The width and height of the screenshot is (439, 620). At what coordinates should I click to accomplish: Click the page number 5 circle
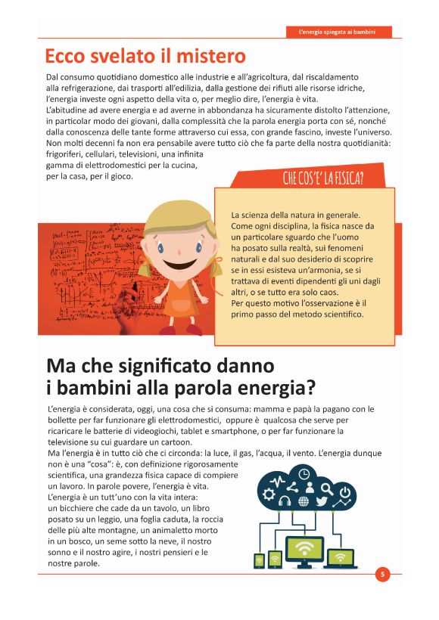382,575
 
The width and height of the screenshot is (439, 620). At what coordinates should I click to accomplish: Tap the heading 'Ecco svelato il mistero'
145,56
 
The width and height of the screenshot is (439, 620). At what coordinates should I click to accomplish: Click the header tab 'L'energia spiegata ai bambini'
340,33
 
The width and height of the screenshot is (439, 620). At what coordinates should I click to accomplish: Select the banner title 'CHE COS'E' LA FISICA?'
323,178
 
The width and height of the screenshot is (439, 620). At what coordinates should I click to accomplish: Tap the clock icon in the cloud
304,474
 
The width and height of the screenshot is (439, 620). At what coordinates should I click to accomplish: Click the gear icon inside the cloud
269,494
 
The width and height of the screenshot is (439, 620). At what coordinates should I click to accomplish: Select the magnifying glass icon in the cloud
327,488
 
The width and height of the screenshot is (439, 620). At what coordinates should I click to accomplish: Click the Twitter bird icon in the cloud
321,501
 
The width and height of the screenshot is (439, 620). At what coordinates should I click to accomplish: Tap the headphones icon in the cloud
285,501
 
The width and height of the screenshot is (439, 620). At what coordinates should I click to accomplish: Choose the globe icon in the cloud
304,501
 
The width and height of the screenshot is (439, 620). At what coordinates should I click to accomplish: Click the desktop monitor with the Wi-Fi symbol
304,550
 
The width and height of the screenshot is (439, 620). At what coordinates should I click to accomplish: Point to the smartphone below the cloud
259,561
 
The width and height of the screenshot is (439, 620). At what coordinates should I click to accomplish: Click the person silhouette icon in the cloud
310,488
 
